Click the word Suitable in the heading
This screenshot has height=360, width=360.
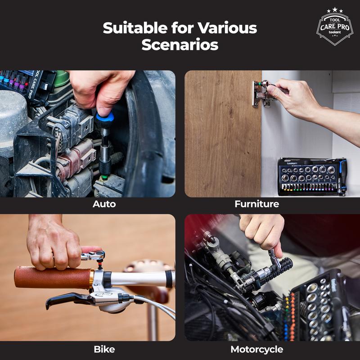[135, 28]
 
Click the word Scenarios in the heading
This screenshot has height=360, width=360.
[180, 45]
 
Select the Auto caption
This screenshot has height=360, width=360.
[104, 204]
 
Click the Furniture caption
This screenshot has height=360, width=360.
[256, 204]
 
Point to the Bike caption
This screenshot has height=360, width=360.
[104, 349]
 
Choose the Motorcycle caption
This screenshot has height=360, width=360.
[256, 350]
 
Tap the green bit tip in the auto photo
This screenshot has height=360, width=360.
[104, 177]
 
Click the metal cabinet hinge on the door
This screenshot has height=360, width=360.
[262, 94]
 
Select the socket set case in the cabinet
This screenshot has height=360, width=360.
[312, 177]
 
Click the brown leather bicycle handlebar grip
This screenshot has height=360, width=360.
[53, 277]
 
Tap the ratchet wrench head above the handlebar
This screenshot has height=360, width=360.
[94, 256]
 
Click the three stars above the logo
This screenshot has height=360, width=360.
[335, 10]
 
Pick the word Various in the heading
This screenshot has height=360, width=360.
[227, 28]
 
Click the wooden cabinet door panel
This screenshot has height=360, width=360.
[223, 134]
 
